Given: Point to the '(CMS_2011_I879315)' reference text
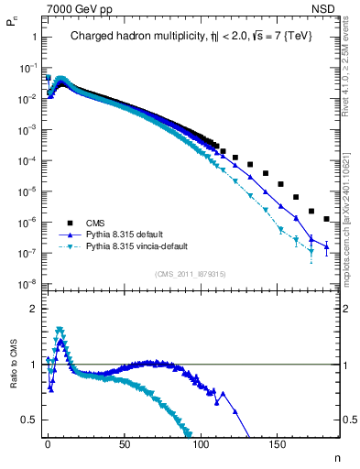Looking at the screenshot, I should (191, 274).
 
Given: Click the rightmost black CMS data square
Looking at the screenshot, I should (327, 218).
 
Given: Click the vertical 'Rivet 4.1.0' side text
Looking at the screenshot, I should (352, 73).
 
